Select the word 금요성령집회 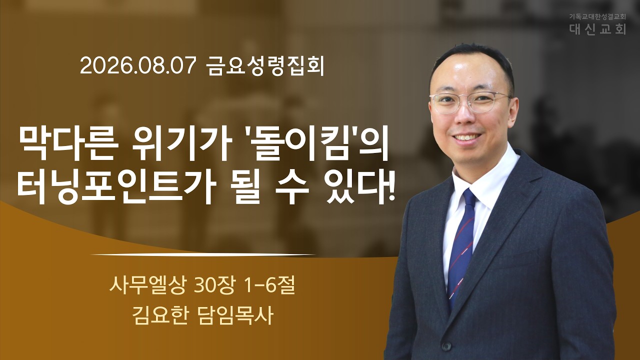click(266, 66)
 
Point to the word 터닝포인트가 click(112, 185)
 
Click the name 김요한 click(160, 315)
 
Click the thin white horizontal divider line click(203, 254)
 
